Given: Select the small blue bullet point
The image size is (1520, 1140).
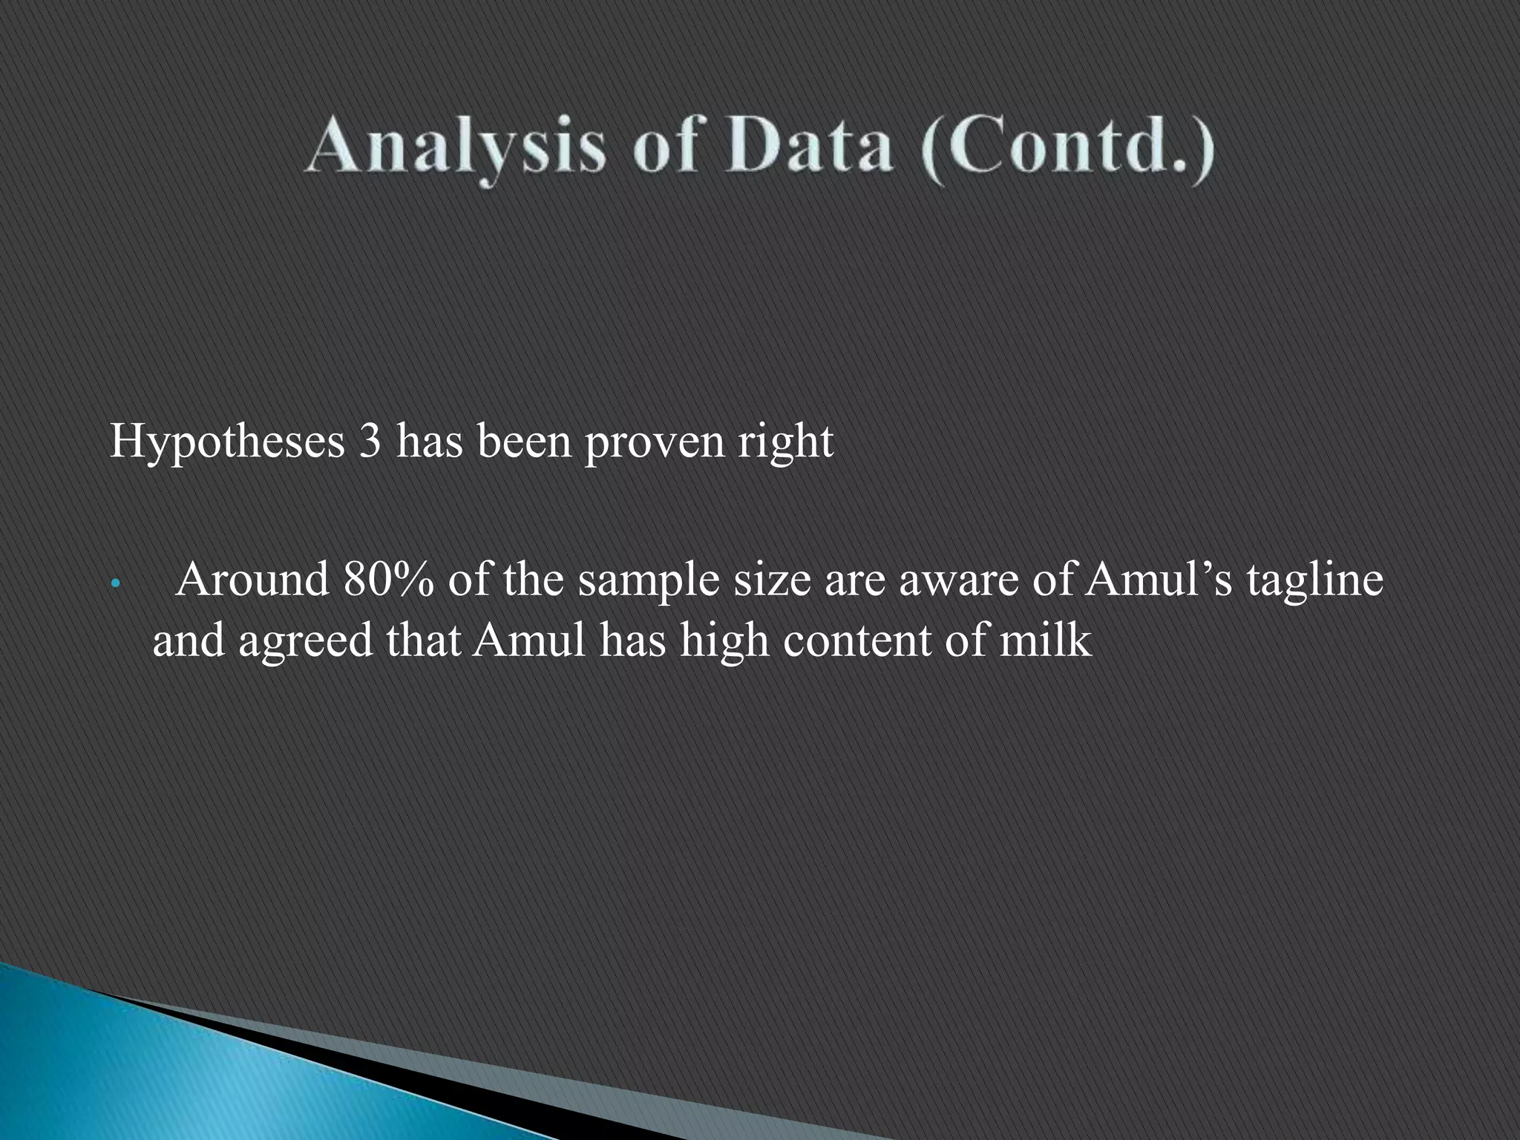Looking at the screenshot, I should pyautogui.click(x=114, y=583).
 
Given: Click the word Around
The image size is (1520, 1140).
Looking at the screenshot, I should pyautogui.click(x=252, y=580).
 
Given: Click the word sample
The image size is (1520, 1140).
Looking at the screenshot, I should pyautogui.click(x=648, y=581).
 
